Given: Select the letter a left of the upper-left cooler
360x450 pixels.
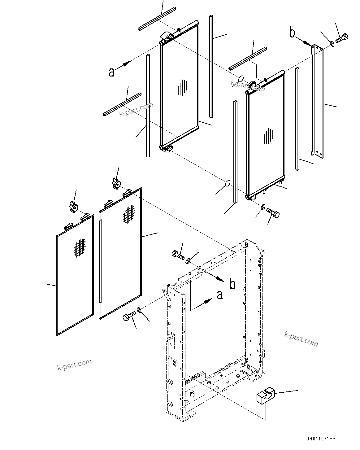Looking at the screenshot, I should pyautogui.click(x=112, y=72).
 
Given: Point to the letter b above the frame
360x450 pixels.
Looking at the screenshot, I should pyautogui.click(x=232, y=284).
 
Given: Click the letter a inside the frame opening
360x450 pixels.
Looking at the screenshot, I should pyautogui.click(x=219, y=295).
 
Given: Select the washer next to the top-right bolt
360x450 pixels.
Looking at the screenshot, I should pyautogui.click(x=332, y=43).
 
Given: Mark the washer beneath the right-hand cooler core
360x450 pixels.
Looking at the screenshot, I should pyautogui.click(x=262, y=207).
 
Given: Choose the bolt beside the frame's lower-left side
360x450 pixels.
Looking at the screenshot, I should pyautogui.click(x=129, y=317).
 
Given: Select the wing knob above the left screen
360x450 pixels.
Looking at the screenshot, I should pyautogui.click(x=73, y=208).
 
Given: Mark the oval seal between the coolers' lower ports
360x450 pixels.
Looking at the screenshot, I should pyautogui.click(x=227, y=183).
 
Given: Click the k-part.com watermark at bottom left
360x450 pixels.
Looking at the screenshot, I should pyautogui.click(x=75, y=364).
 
